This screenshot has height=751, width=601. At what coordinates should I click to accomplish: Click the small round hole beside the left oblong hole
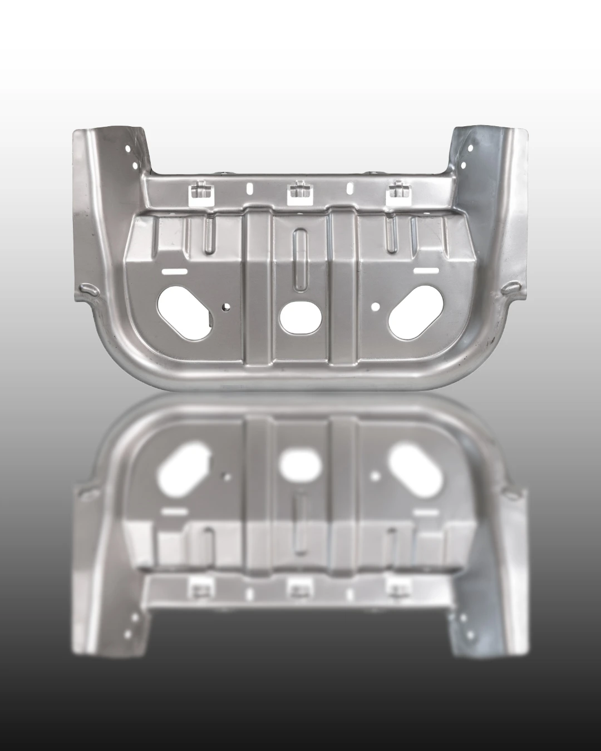pos(226,307)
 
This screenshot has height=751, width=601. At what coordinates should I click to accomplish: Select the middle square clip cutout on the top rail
pos(299,191)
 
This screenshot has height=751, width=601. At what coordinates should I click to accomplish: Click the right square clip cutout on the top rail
pos(398,191)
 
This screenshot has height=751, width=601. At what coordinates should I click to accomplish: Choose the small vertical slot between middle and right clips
pos(349,189)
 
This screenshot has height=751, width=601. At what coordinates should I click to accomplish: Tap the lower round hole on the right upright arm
pos(464,165)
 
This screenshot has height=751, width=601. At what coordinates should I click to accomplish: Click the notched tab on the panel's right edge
pos(511,288)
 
